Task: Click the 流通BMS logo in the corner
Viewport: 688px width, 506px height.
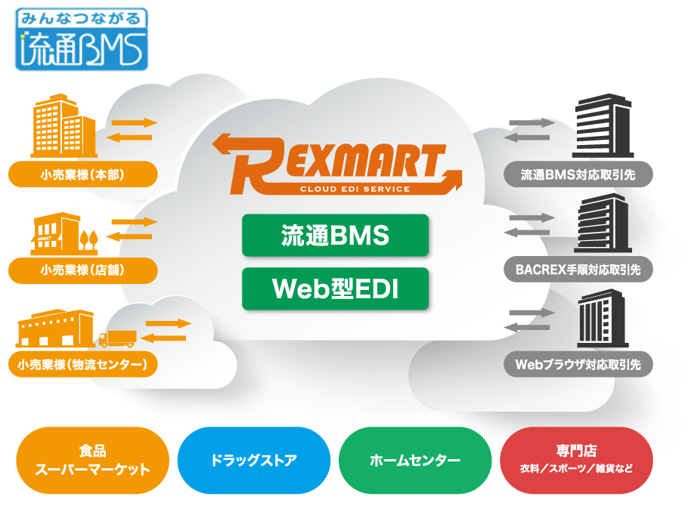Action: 82,39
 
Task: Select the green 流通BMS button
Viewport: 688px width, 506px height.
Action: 335,236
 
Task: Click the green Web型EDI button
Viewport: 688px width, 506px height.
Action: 335,288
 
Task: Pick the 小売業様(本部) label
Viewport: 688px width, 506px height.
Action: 83,175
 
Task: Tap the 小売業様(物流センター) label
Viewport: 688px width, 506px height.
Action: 83,366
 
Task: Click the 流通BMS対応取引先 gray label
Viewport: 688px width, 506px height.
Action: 578,175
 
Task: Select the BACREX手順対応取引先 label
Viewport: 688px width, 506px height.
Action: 578,269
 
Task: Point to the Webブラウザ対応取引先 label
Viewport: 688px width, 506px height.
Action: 578,365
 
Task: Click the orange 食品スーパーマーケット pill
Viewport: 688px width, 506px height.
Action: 92,460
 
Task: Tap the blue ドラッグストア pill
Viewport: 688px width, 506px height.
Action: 253,460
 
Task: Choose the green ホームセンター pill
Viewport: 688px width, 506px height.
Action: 415,460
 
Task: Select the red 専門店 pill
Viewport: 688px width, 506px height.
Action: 577,460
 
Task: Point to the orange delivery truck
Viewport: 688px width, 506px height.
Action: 117,338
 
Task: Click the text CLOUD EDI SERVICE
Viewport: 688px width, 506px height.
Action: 355,190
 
